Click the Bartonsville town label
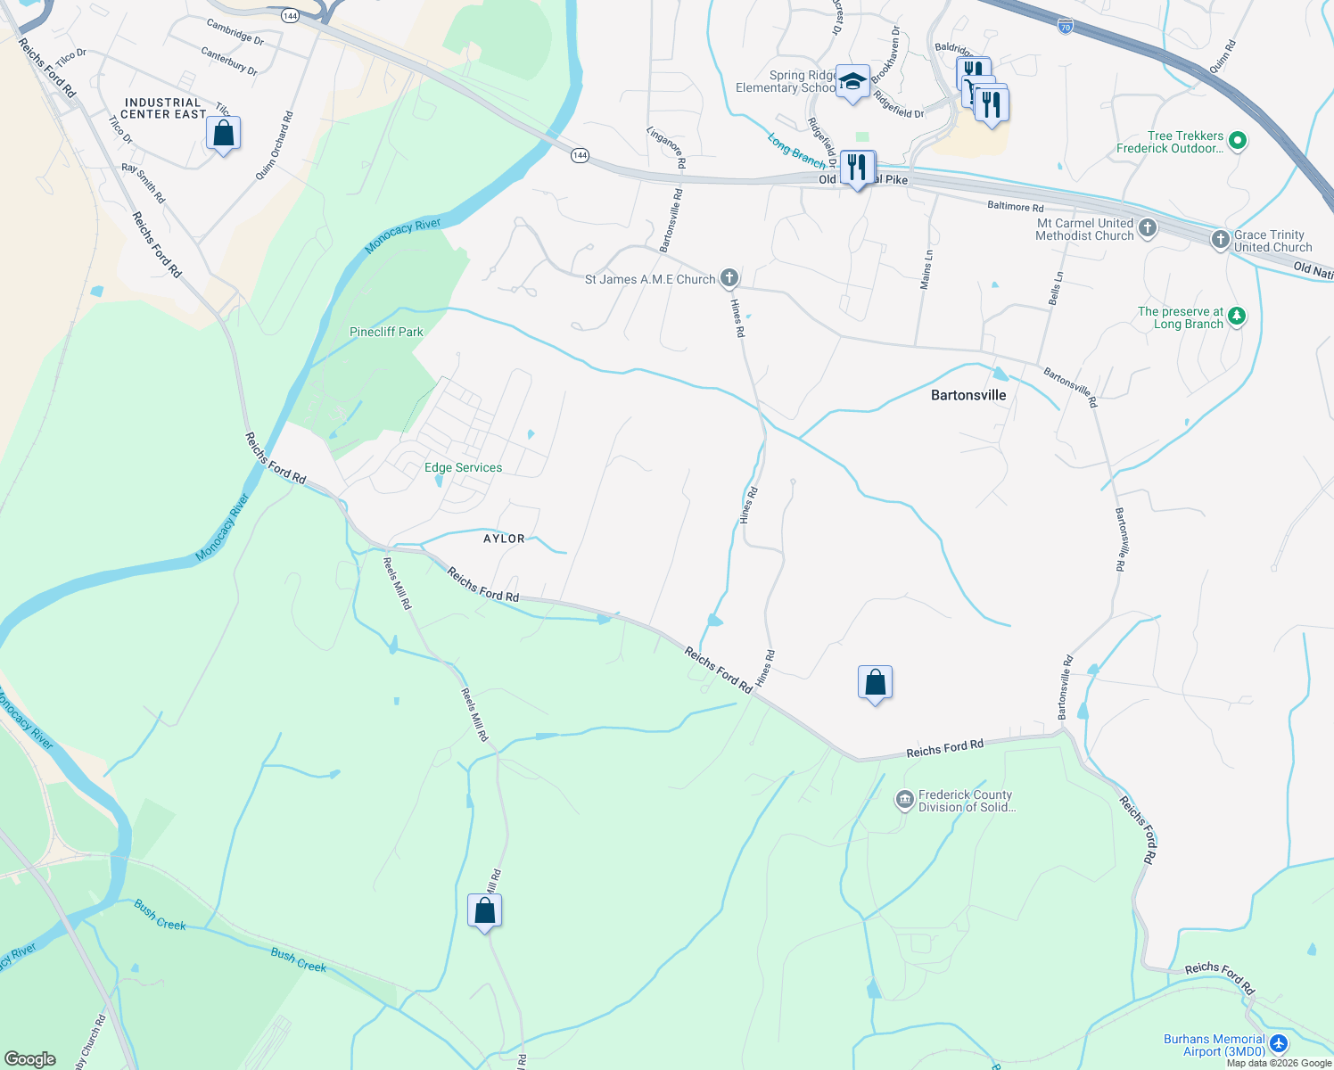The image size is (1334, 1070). coord(968,395)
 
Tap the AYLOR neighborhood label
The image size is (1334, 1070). coord(504,539)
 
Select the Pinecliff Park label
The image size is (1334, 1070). coord(386,332)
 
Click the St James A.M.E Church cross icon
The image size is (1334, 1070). coord(729,278)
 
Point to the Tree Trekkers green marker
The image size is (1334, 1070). coord(1237,140)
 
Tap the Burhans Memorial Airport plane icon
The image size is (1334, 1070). coord(1279,1043)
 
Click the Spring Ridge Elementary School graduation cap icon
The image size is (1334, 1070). coord(852,82)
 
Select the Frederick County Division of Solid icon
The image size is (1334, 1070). coord(905,800)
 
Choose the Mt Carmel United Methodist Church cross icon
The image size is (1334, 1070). coord(1148,228)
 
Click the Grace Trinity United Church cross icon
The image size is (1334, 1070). coord(1221,240)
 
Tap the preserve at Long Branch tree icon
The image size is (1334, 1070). coord(1236,316)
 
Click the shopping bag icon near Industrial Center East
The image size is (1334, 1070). coord(223,134)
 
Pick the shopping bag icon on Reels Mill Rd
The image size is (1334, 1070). coord(484,910)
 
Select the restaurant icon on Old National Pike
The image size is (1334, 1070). coord(857,167)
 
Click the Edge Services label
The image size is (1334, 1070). coord(463,467)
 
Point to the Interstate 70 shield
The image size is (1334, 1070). coord(1066,27)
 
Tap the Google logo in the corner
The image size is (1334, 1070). coord(30,1058)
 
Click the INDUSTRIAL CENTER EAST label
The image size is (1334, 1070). coord(164,109)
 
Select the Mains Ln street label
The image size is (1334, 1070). coord(926,268)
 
